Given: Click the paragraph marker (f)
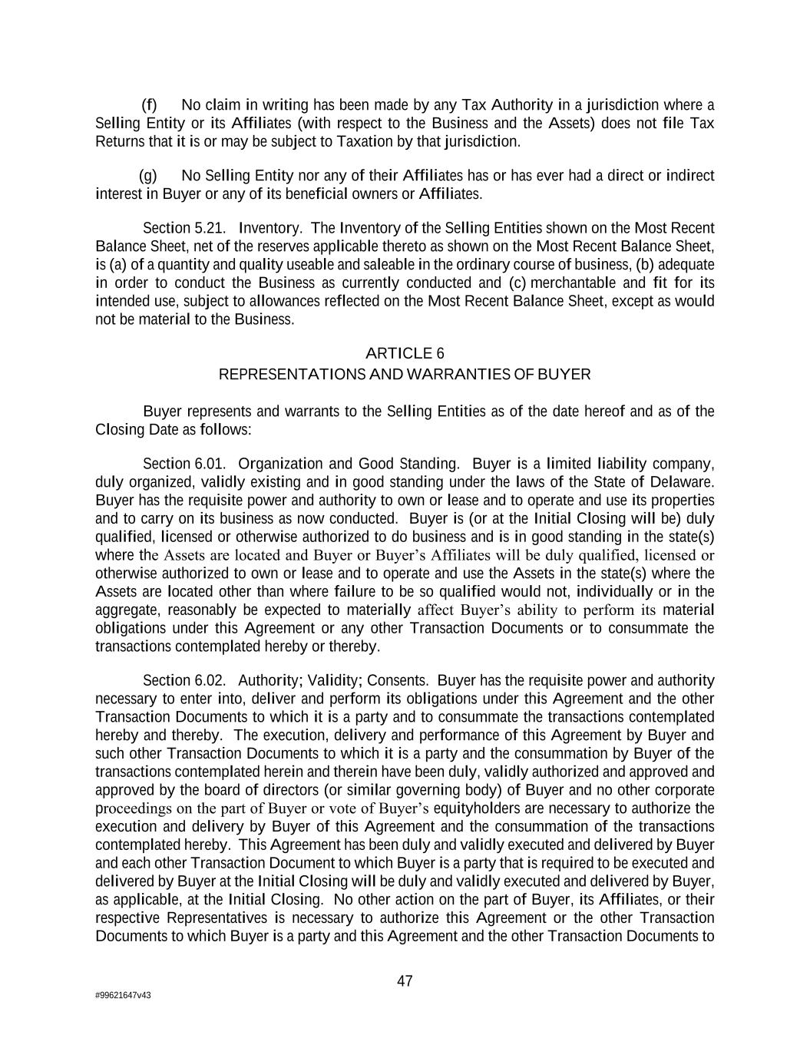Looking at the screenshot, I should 150,105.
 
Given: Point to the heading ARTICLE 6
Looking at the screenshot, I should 405,353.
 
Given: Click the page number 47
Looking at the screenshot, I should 405,980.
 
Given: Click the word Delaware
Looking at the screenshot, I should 683,482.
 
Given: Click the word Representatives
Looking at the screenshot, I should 217,918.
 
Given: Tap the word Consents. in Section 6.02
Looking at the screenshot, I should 398,680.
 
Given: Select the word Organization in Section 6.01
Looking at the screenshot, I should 280,464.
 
